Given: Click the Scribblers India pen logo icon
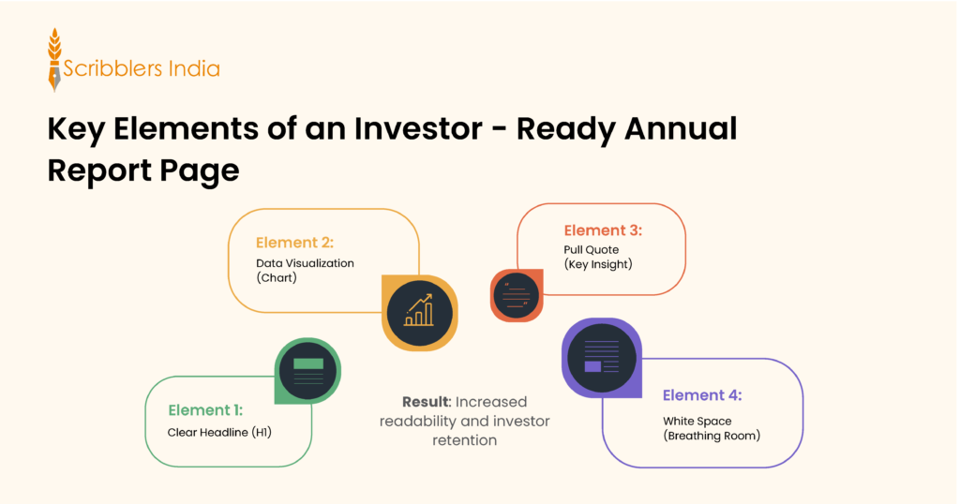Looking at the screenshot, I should [x=54, y=61].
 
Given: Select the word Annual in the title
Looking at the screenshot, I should [x=682, y=129].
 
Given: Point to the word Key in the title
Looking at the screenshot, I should [x=78, y=129].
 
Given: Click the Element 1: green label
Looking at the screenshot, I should [x=205, y=410].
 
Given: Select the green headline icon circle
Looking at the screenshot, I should [x=307, y=370].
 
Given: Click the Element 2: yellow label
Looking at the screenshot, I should [x=293, y=243].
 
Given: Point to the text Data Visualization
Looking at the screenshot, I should [x=305, y=263].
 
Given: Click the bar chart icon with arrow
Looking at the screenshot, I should [x=418, y=312].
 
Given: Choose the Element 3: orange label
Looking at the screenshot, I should [x=602, y=230].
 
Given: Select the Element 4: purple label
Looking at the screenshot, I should [x=702, y=395].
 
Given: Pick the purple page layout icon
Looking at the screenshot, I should [x=601, y=357].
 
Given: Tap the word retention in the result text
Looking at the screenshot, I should [x=464, y=440].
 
